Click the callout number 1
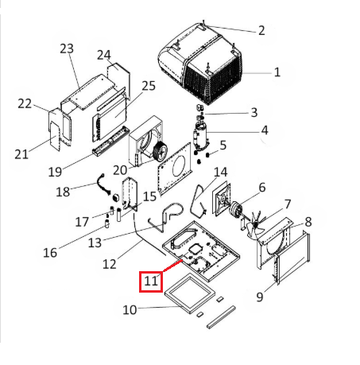point(277,72)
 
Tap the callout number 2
point(261,30)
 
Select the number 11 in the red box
point(151,281)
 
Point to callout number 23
point(66,49)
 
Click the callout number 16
point(50,253)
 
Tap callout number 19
point(55,171)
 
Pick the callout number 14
point(221,172)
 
